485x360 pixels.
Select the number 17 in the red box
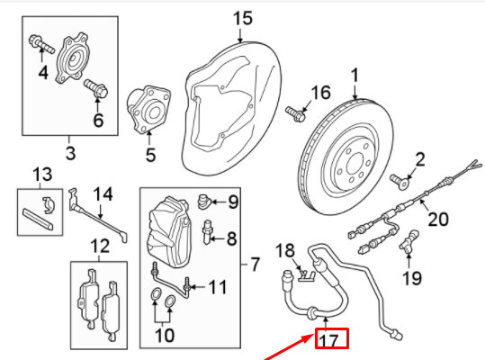click(330, 340)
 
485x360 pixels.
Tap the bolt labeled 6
click(96, 88)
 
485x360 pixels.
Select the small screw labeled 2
click(396, 181)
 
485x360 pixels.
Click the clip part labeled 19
click(412, 239)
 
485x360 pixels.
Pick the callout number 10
click(163, 337)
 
